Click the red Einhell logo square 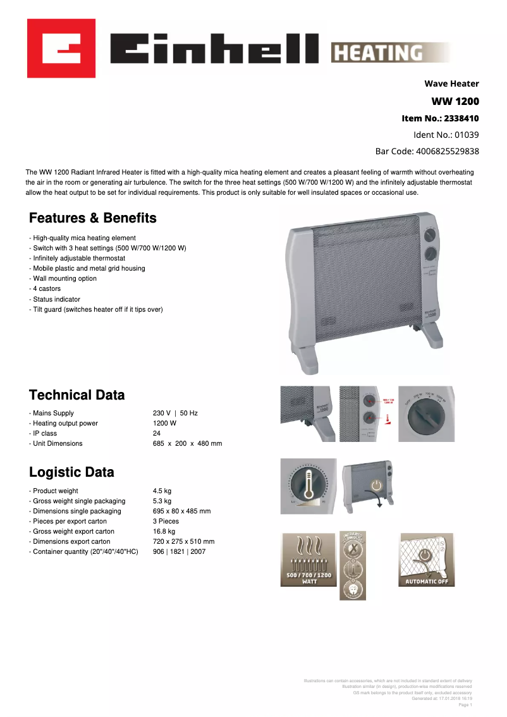pos(61,48)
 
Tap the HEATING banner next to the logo pos(389,52)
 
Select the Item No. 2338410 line pos(440,118)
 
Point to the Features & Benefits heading pos(93,218)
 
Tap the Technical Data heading pos(77,395)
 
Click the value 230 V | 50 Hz pos(175,413)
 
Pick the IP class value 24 pos(157,433)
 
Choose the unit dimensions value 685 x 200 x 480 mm pos(187,443)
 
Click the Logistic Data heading pos(72,472)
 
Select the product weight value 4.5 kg pos(162,491)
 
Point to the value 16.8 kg pos(164,531)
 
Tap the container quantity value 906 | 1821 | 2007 pos(179,551)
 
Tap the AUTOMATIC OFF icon pos(426,560)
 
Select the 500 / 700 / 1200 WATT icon pos(308,560)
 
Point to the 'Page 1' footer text pos(465,704)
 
